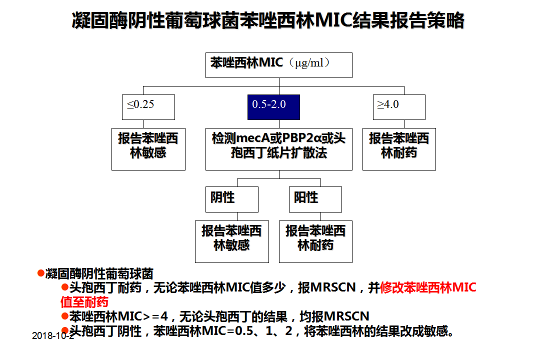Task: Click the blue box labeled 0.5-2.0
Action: tap(273, 107)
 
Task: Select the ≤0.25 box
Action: tap(148, 107)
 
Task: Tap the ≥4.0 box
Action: tap(399, 107)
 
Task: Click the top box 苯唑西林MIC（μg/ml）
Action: tap(279, 65)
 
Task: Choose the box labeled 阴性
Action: tap(232, 199)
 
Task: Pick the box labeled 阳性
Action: tap(315, 199)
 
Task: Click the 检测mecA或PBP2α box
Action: tap(279, 149)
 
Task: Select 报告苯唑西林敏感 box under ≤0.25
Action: tap(148, 149)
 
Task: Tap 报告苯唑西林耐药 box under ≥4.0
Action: tap(399, 149)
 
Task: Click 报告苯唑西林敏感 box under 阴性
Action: tap(232, 241)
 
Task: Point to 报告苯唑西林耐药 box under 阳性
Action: tap(315, 241)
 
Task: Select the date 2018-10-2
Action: tap(52, 335)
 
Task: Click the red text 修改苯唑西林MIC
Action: tap(428, 287)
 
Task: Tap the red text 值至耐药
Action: tap(84, 302)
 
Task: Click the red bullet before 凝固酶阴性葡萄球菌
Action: tap(41, 273)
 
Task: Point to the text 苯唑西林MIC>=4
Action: tap(119, 316)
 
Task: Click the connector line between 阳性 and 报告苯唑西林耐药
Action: tap(320, 216)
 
